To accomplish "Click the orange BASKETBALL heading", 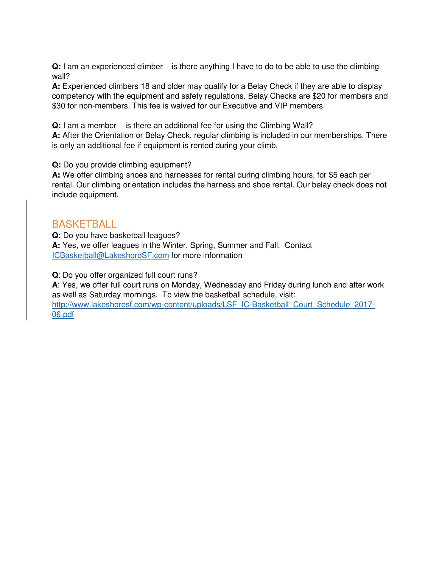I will (x=84, y=224).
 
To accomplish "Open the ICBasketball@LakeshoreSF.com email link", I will (x=110, y=256).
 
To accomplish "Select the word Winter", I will (x=174, y=245).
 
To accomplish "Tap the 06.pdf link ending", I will (x=63, y=315).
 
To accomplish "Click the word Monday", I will (x=186, y=285).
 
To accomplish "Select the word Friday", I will (x=274, y=285).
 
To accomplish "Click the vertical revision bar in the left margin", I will (x=26, y=259).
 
